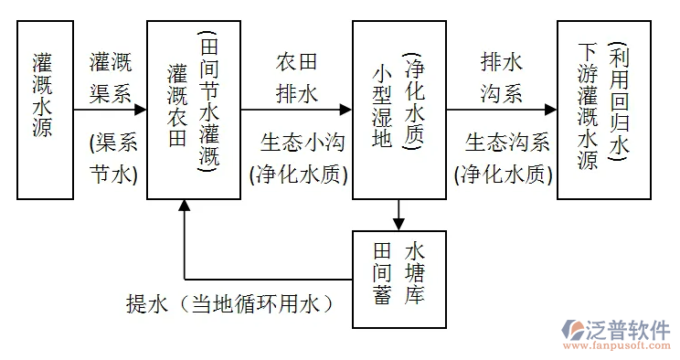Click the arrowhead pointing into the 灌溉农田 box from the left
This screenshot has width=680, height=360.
point(141,110)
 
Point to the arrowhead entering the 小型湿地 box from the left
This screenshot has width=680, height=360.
point(345,110)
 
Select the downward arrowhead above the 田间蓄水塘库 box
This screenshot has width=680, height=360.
point(398,223)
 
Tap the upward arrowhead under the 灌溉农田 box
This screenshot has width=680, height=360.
point(185,206)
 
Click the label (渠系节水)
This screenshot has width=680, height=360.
point(112,158)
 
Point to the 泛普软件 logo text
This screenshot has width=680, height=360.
point(632,330)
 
